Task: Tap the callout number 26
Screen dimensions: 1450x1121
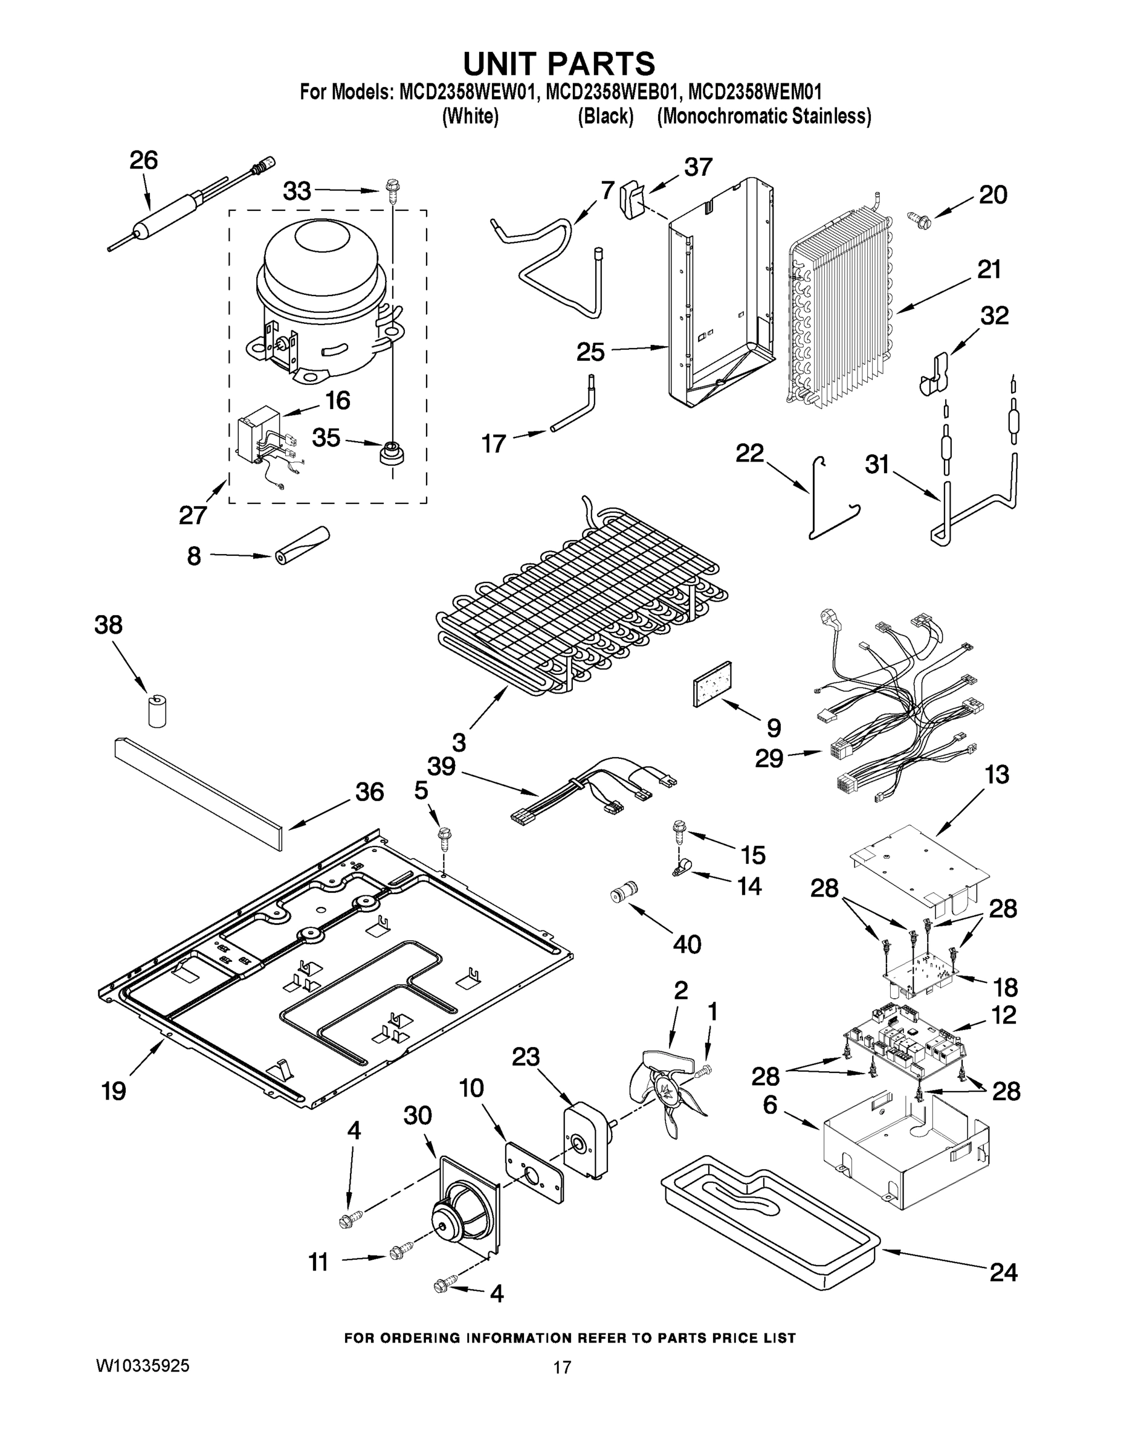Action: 143,161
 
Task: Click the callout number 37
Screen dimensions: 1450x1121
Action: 698,167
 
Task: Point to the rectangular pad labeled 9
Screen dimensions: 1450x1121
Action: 712,684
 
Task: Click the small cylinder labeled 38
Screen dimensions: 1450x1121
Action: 157,711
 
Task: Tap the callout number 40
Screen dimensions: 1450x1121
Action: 686,944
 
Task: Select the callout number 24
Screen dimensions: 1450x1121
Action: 1003,1272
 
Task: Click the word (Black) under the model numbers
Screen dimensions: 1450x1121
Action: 605,116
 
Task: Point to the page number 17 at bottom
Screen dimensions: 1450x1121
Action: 562,1367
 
